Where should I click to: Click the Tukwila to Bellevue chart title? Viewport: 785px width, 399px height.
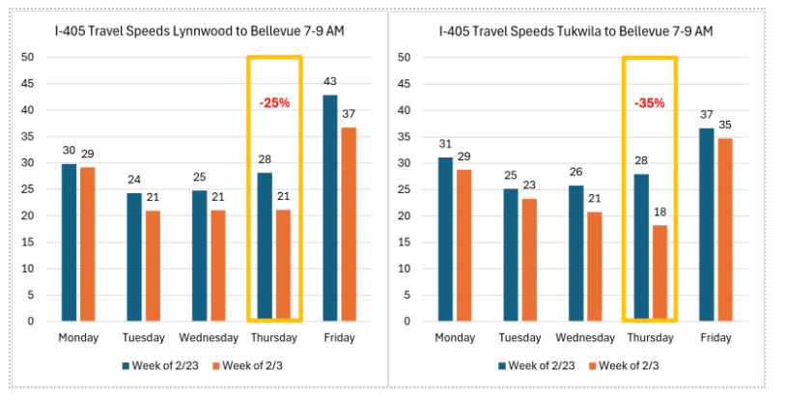(x=575, y=32)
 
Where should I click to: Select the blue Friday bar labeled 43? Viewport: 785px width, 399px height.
(x=330, y=208)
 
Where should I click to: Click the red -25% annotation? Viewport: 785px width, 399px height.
(x=274, y=102)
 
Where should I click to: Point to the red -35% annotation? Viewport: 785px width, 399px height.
(x=649, y=102)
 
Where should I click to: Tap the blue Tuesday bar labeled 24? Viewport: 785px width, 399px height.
(x=134, y=257)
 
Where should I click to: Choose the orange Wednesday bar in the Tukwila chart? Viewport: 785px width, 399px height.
(x=594, y=266)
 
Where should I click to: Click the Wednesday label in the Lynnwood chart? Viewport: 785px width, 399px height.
(x=209, y=338)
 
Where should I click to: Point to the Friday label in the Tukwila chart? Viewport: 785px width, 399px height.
(x=715, y=338)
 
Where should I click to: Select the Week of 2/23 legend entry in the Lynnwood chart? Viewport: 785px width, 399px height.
(x=161, y=366)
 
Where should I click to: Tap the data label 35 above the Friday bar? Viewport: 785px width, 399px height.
(x=724, y=125)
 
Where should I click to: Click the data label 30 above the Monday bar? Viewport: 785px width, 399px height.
(x=69, y=150)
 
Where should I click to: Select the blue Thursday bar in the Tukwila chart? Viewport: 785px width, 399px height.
(x=641, y=247)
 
